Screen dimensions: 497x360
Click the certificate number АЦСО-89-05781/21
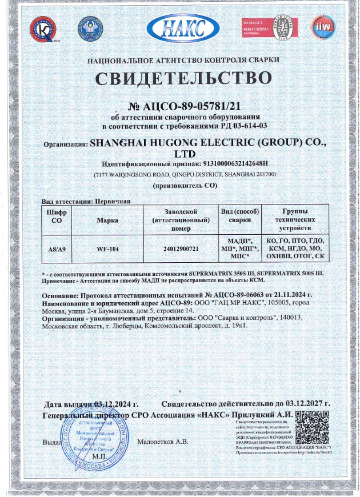pyautogui.click(x=189, y=106)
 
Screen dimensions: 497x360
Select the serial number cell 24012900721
pyautogui.click(x=181, y=249)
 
